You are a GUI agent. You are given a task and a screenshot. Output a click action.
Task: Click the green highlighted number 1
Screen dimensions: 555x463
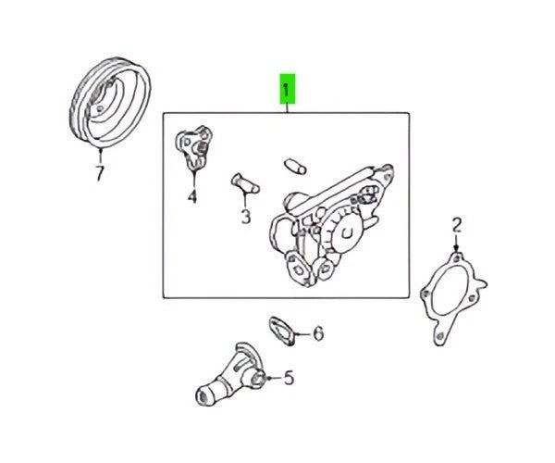point(288,89)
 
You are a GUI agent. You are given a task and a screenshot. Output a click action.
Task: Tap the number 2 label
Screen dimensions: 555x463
point(457,225)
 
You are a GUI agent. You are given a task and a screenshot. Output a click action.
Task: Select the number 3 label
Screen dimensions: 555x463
point(246,217)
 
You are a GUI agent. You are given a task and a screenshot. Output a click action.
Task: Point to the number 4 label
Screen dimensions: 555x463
point(192,196)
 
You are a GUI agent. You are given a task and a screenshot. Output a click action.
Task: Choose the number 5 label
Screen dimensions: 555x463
point(290,378)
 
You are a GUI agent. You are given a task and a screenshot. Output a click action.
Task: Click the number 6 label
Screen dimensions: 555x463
point(318,333)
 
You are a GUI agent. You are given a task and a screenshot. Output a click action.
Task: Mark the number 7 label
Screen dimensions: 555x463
point(100,173)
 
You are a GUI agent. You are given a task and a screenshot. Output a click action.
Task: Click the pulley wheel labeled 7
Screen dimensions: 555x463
point(110,102)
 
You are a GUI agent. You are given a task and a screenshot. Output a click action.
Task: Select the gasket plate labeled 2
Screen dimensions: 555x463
point(453,298)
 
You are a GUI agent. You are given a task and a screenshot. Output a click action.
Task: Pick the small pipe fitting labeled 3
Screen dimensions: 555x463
point(245,183)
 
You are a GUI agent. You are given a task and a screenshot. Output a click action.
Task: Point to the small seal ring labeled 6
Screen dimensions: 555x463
point(282,331)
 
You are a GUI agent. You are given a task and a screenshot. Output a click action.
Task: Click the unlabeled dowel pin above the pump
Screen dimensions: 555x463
point(295,166)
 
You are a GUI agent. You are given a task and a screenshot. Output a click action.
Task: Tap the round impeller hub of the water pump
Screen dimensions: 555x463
point(347,232)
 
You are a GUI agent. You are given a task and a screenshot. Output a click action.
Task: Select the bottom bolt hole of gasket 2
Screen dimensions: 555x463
point(439,335)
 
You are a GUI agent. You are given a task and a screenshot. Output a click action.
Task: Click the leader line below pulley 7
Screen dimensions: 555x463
point(101,156)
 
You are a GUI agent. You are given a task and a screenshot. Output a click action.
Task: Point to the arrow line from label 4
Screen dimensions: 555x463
point(194,180)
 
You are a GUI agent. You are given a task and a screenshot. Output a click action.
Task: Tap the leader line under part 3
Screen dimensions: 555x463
point(245,201)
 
